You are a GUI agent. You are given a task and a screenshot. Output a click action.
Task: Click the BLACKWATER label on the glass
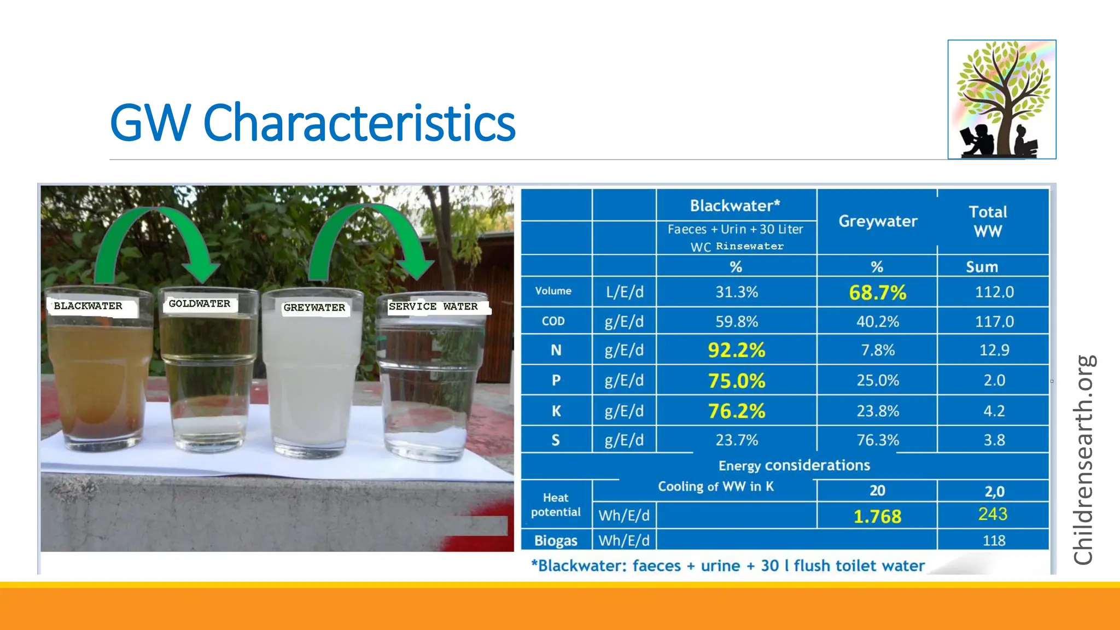coord(89,306)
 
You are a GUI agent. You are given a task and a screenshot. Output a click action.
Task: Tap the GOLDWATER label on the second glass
coord(200,304)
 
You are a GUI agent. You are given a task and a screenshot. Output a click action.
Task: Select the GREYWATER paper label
coord(314,308)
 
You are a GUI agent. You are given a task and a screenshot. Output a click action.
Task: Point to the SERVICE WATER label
coord(433,307)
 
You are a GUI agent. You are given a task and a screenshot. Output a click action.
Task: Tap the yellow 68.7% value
coord(877,293)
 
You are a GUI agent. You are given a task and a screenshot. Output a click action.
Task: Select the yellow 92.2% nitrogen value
coord(736,350)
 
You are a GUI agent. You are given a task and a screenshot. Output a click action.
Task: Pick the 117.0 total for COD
coord(994,322)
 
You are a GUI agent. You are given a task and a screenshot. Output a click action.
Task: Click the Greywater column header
coord(878,221)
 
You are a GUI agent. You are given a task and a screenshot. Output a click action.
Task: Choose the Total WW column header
coord(988,221)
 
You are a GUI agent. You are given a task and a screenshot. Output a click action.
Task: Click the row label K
coord(556,411)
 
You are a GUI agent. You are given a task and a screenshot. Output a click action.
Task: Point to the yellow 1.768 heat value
coord(877,516)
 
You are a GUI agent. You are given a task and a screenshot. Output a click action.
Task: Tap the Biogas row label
coord(556,541)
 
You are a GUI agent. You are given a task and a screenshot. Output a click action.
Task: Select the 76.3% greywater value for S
coord(877,440)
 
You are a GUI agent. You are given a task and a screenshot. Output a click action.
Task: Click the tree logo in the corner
coord(1002,100)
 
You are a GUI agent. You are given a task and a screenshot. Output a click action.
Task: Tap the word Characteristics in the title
coord(359,123)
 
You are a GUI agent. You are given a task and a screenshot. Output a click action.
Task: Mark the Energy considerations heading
coord(794,465)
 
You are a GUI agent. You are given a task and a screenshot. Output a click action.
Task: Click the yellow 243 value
coord(993,514)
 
